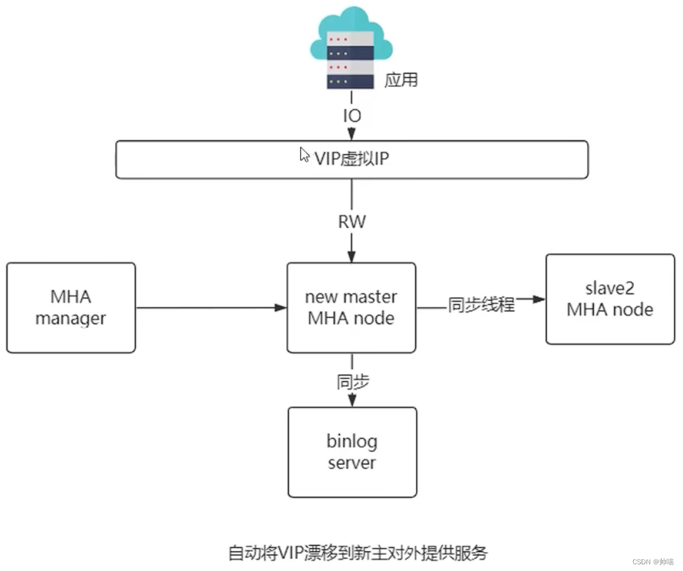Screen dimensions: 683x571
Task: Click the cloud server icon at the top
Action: (351, 48)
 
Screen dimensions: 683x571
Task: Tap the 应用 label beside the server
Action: (401, 80)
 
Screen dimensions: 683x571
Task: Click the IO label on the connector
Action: (352, 116)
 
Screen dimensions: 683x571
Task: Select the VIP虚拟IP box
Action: (352, 159)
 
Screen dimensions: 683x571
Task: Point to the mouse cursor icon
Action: (304, 154)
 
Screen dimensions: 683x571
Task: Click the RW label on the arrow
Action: (352, 222)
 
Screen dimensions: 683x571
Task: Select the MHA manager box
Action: (71, 308)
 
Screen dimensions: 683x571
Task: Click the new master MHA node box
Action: (351, 308)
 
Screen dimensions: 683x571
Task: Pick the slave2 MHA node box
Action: (610, 299)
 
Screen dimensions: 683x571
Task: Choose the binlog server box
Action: (352, 452)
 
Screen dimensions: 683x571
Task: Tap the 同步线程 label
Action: (481, 305)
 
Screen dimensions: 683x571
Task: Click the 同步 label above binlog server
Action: (353, 382)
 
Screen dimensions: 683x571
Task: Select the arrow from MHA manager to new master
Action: (211, 308)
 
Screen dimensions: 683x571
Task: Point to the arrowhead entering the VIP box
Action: (352, 134)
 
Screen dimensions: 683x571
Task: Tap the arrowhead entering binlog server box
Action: (352, 401)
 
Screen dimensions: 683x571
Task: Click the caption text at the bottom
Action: (358, 553)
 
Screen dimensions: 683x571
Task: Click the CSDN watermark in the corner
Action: (653, 562)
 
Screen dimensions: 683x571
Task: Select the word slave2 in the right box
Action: (610, 288)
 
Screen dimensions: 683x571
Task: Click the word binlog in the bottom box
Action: (352, 441)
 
